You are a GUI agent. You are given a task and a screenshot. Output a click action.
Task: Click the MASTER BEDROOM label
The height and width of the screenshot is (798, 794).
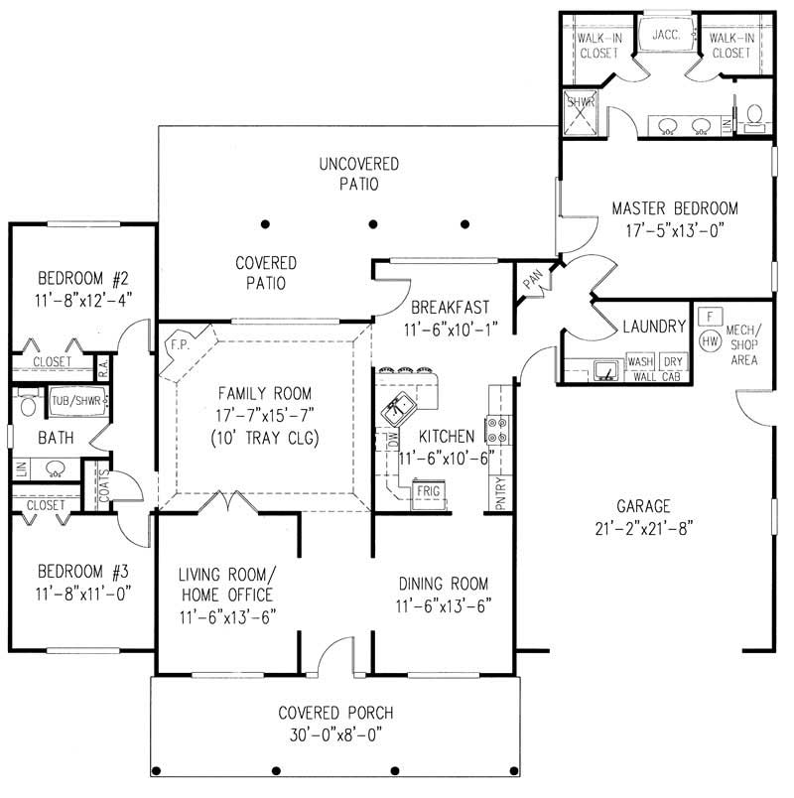674,208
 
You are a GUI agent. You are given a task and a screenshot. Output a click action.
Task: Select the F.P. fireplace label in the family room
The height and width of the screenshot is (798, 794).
179,343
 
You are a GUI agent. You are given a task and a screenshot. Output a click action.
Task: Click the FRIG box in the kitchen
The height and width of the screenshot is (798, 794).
428,490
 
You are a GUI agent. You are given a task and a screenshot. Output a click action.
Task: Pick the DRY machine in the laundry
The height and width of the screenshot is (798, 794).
673,362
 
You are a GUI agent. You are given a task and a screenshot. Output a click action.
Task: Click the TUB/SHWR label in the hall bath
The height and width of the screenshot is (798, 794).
76,401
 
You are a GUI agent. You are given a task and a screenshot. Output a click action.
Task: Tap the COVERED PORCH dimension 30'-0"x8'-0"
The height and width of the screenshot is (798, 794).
334,735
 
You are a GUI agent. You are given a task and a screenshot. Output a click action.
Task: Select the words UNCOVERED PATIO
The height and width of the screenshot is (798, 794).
359,173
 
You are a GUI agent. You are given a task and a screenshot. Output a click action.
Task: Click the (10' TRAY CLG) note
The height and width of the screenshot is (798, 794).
265,437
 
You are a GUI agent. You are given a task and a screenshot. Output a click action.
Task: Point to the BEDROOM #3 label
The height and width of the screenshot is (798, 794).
83,572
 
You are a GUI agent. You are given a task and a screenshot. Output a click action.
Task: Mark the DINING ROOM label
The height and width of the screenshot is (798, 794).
444,584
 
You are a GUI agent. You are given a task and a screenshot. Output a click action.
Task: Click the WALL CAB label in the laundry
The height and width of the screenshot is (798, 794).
656,378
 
